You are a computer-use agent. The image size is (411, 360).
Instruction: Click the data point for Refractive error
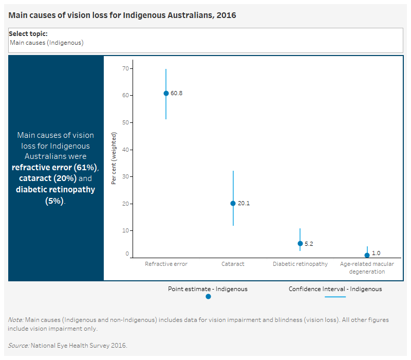click(x=166, y=93)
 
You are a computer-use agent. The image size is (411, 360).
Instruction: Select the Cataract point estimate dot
click(x=233, y=203)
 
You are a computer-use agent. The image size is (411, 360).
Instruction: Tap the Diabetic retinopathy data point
click(x=300, y=243)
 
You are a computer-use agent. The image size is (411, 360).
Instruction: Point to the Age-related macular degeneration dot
click(x=367, y=255)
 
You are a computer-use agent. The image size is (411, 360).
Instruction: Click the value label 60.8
click(x=176, y=94)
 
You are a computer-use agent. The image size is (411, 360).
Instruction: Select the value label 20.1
click(x=244, y=204)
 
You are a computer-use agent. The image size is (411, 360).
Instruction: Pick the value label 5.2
click(x=309, y=244)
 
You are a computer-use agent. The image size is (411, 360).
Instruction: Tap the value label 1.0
click(x=376, y=253)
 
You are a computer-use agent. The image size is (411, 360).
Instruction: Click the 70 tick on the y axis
click(x=125, y=68)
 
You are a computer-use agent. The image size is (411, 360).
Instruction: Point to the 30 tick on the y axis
click(x=125, y=176)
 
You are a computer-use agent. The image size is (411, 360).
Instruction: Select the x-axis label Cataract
click(x=233, y=264)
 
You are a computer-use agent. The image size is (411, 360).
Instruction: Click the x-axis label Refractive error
click(x=166, y=264)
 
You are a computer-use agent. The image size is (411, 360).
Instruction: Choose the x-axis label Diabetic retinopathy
click(x=300, y=264)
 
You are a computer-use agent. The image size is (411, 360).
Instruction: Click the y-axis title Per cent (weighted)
click(x=115, y=158)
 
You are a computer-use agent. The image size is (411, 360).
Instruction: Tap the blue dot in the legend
click(x=208, y=296)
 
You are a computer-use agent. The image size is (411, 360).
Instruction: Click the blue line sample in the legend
click(x=335, y=297)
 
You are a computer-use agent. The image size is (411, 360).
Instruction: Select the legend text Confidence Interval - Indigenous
click(x=335, y=289)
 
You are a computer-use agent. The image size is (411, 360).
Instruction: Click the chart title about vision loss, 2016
click(x=122, y=15)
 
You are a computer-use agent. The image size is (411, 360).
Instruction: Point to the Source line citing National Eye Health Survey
click(x=67, y=345)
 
